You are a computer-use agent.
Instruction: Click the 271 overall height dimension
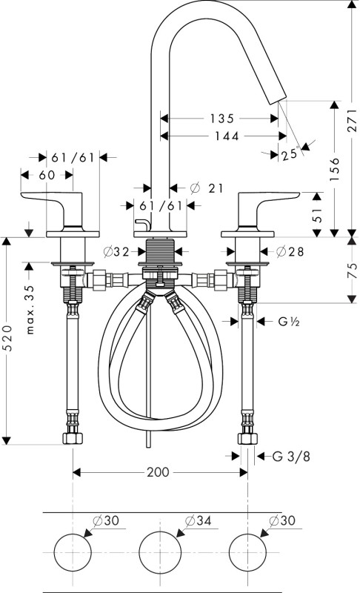tap(352, 121)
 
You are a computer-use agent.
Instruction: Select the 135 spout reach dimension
tap(222, 119)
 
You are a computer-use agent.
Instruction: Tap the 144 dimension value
tap(227, 136)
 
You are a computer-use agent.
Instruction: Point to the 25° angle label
tap(290, 154)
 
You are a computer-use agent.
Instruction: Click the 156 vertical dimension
tap(335, 169)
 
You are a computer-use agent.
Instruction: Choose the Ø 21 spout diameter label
tap(207, 188)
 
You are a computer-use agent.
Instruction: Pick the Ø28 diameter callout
tap(290, 251)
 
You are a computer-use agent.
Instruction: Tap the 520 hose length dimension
tap(7, 338)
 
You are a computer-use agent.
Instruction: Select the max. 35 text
tap(30, 309)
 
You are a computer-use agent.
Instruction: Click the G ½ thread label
tap(289, 322)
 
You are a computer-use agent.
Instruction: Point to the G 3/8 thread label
tap(291, 457)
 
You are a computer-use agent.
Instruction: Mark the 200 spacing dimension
tap(158, 472)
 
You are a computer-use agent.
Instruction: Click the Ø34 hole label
tap(198, 521)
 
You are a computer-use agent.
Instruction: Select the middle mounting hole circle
tap(161, 534)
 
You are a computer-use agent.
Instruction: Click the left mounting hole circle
tap(73, 534)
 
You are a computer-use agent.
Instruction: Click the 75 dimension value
tap(352, 271)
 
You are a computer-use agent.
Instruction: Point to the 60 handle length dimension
tap(47, 175)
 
